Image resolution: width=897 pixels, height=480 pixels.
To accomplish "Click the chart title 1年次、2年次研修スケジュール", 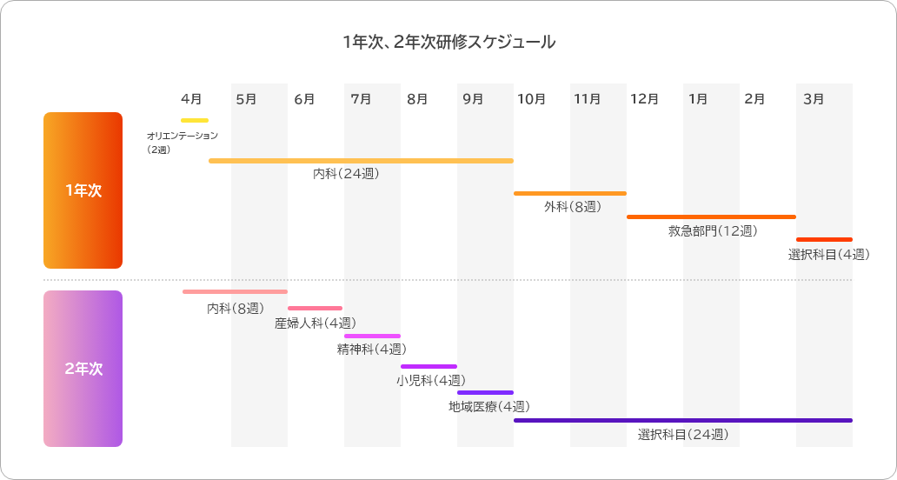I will pyautogui.click(x=448, y=42).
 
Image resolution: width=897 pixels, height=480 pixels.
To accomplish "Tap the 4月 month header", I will pyautogui.click(x=192, y=98).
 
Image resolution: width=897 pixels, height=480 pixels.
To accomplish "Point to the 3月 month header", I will pyautogui.click(x=814, y=98).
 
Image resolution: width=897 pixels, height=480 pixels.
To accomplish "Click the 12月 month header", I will pyautogui.click(x=644, y=98).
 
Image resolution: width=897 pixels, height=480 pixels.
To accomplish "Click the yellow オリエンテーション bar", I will pyautogui.click(x=195, y=120).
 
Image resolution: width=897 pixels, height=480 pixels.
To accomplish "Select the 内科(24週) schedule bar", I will pyautogui.click(x=361, y=161).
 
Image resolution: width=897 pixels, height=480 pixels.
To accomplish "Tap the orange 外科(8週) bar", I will pyautogui.click(x=569, y=193).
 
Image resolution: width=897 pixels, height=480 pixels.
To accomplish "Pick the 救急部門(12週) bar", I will pyautogui.click(x=711, y=217).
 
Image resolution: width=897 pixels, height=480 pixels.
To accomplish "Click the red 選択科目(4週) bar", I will pyautogui.click(x=824, y=239).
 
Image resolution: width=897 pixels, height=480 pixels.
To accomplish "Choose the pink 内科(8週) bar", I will pyautogui.click(x=235, y=291).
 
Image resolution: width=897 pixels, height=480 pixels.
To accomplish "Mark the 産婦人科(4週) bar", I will pyautogui.click(x=315, y=308).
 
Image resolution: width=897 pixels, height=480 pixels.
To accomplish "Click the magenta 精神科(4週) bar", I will pyautogui.click(x=372, y=336).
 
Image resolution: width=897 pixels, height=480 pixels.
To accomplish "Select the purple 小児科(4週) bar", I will pyautogui.click(x=429, y=366).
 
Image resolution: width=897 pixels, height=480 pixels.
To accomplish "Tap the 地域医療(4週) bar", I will pyautogui.click(x=485, y=392).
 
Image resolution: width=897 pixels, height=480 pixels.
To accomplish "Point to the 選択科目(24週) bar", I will pyautogui.click(x=682, y=420).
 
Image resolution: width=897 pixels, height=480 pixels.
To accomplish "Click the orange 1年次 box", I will pyautogui.click(x=83, y=190).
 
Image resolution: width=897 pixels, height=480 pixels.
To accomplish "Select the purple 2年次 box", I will pyautogui.click(x=83, y=369).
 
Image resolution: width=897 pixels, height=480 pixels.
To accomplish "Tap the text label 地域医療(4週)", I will pyautogui.click(x=489, y=406).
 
